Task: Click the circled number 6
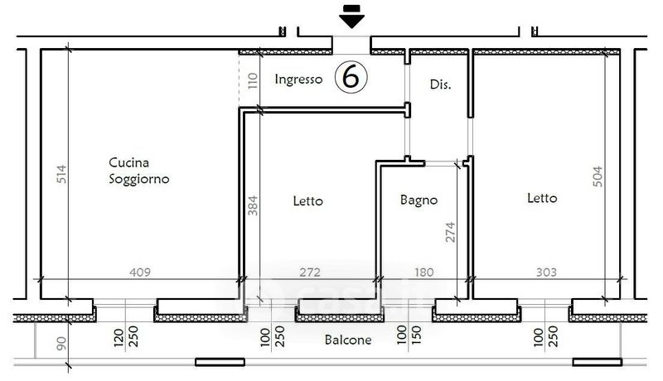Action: click(351, 77)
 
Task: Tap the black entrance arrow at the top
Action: click(351, 17)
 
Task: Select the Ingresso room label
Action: click(298, 79)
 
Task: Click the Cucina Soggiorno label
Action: click(138, 171)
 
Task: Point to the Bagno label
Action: click(419, 200)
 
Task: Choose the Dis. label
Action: click(440, 84)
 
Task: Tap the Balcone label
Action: click(348, 340)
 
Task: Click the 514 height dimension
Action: click(61, 174)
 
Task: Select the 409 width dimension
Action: click(140, 272)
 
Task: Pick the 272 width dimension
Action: click(310, 272)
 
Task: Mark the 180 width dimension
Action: click(423, 272)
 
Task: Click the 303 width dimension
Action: click(546, 272)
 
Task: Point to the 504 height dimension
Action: click(598, 176)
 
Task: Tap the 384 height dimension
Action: click(253, 205)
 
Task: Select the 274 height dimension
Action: click(450, 232)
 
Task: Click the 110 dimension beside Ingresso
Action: click(253, 80)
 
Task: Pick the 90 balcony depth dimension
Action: click(61, 343)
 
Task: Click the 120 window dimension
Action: click(119, 338)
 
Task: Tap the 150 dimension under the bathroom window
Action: click(417, 335)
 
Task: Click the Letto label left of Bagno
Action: click(307, 200)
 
